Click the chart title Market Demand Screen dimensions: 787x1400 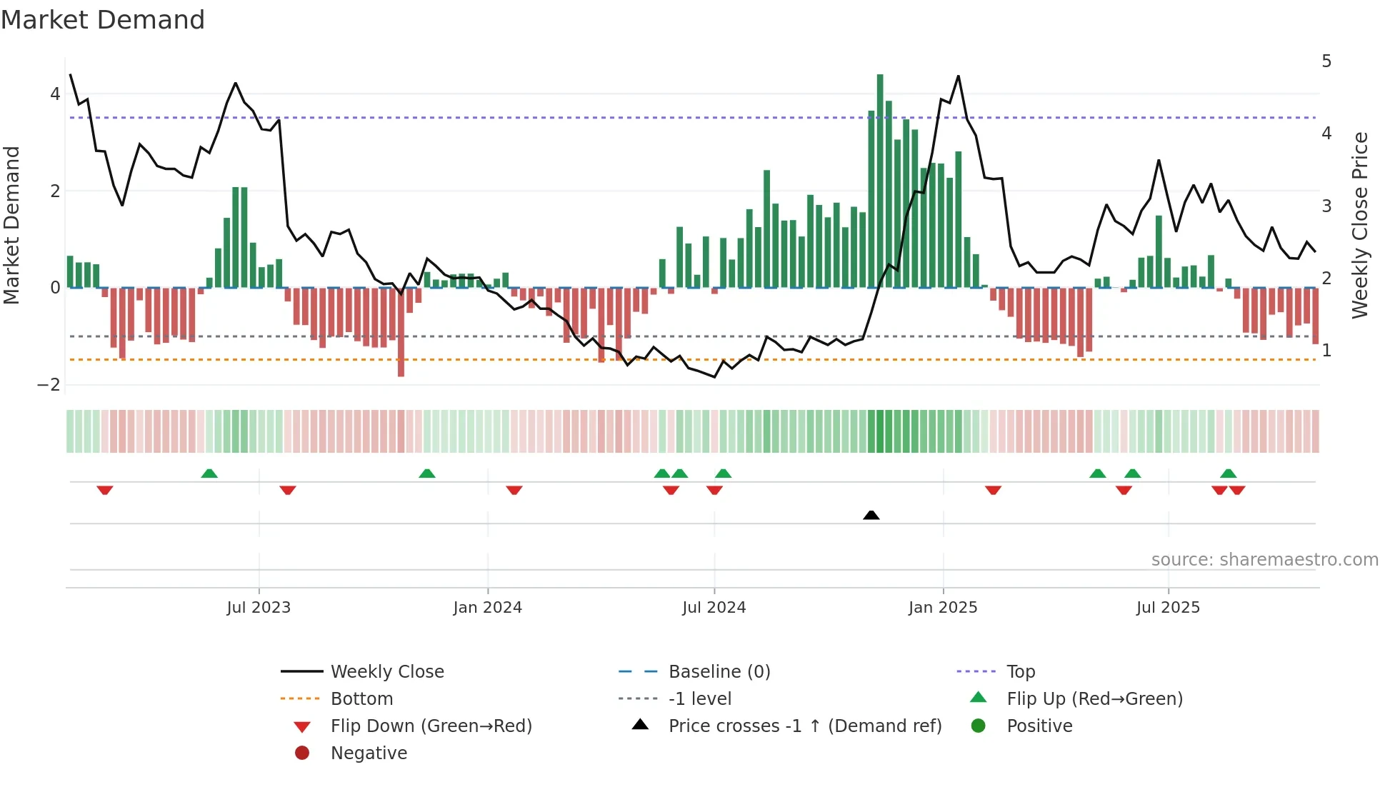coord(103,20)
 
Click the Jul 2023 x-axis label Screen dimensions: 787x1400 coord(259,608)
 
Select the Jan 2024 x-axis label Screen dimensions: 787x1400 coord(488,608)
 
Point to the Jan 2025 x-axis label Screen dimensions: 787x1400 coord(943,608)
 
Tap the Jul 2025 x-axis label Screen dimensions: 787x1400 coord(1168,608)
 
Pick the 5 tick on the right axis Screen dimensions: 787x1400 coord(1326,61)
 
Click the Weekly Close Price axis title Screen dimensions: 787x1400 coord(1360,225)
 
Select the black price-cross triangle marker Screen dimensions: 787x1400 coord(871,515)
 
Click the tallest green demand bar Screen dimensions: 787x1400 coord(880,179)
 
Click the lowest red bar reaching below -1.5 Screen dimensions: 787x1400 coord(401,336)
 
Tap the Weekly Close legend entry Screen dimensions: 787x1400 coord(386,672)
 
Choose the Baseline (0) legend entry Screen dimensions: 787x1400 coord(719,672)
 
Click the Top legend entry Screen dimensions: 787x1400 coord(1020,672)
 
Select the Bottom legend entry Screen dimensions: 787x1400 coord(361,699)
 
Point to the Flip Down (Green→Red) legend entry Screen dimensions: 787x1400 coord(431,726)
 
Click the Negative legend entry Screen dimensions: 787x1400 coord(369,753)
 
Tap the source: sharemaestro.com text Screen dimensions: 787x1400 coord(1264,560)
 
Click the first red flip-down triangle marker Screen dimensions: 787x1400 coord(105,490)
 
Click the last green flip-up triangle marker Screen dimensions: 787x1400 coord(1228,473)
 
